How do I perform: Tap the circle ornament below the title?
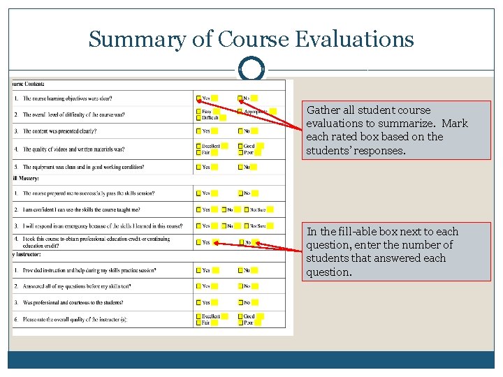(x=251, y=70)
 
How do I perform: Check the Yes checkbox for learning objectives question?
(x=198, y=98)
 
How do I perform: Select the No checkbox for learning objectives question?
(x=240, y=98)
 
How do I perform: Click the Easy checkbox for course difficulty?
(x=198, y=112)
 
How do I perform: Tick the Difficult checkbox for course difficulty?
(x=198, y=118)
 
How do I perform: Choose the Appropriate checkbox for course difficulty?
(x=240, y=112)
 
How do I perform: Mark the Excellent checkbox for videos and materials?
(x=198, y=146)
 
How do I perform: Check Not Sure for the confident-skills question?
(x=246, y=209)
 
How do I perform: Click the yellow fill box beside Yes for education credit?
(x=215, y=243)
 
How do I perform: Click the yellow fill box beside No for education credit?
(x=256, y=243)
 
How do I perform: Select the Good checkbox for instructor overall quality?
(x=240, y=316)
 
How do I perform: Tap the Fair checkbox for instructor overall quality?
(x=198, y=323)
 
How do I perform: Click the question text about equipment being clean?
(x=84, y=167)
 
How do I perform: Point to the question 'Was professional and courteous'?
(x=73, y=302)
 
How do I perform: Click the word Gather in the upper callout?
(x=323, y=110)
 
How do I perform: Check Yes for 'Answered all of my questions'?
(x=198, y=286)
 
